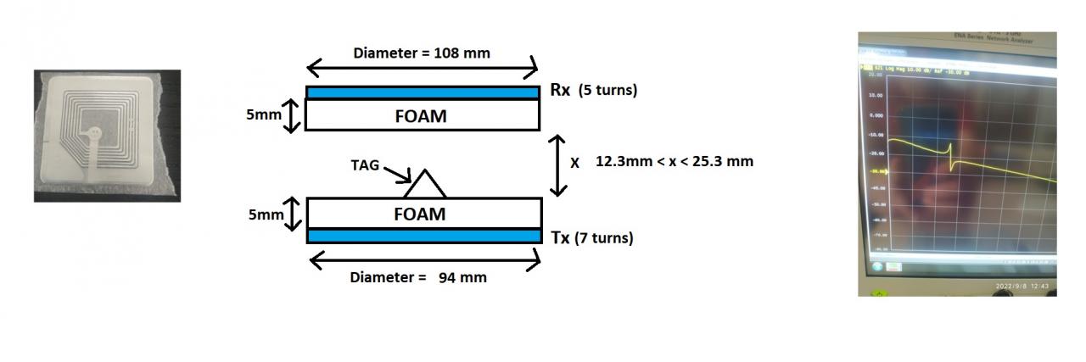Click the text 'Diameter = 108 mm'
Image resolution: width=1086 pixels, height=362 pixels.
pyautogui.click(x=422, y=53)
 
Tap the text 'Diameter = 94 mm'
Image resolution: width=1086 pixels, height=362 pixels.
pyautogui.click(x=418, y=277)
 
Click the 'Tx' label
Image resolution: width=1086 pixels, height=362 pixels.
pyautogui.click(x=560, y=238)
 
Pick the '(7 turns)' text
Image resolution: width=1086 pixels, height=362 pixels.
pyautogui.click(x=604, y=239)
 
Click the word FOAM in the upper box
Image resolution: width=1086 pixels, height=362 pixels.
pyautogui.click(x=421, y=116)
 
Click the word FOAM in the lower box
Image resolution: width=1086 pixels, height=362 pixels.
pyautogui.click(x=419, y=214)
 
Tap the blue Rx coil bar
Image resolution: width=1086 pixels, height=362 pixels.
pyautogui.click(x=423, y=92)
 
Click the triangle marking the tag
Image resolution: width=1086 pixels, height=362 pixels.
pyautogui.click(x=424, y=185)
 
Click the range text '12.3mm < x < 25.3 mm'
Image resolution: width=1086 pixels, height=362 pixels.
pyautogui.click(x=675, y=161)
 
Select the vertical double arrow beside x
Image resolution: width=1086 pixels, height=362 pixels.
pyautogui.click(x=557, y=164)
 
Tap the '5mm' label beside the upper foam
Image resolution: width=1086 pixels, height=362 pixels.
pyautogui.click(x=263, y=115)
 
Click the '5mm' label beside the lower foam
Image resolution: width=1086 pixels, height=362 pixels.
pyautogui.click(x=266, y=215)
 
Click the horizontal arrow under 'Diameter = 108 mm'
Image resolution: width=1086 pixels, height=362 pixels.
pyautogui.click(x=422, y=68)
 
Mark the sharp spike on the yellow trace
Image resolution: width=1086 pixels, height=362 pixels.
pyautogui.click(x=951, y=159)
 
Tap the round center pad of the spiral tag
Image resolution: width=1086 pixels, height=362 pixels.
pyautogui.click(x=96, y=134)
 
